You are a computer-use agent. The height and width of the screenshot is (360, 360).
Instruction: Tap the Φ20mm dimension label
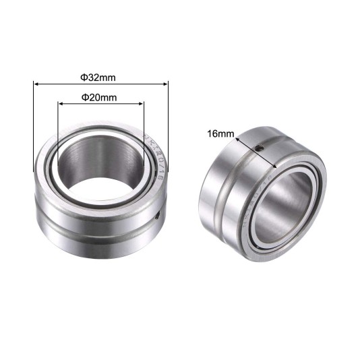click(100, 96)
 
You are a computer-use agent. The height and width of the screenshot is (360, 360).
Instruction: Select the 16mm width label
click(220, 134)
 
